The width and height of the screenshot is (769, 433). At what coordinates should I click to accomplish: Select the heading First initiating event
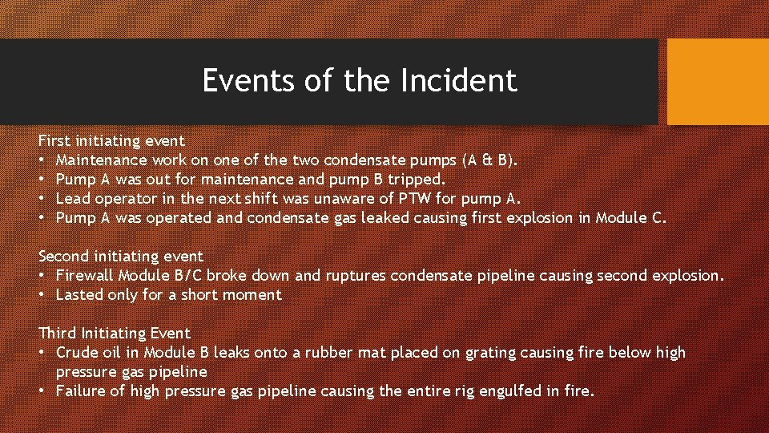pyautogui.click(x=111, y=141)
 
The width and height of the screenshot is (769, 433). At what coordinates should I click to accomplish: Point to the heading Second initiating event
pyautogui.click(x=121, y=257)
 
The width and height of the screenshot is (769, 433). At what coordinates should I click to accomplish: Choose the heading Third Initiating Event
pyautogui.click(x=115, y=334)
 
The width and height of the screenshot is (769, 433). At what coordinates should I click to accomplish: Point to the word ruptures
pyautogui.click(x=357, y=276)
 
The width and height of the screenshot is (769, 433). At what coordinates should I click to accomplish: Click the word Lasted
pyautogui.click(x=79, y=295)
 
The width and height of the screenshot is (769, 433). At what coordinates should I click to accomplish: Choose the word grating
pyautogui.click(x=470, y=353)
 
